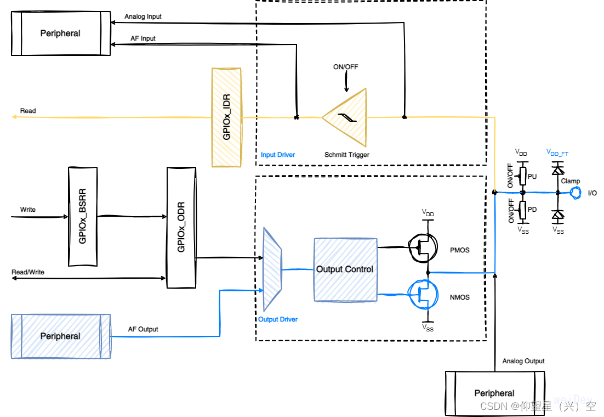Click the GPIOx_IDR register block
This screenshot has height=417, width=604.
[x=226, y=117]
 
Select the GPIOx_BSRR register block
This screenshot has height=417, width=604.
[x=83, y=217]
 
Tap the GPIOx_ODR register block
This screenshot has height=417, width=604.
[x=181, y=227]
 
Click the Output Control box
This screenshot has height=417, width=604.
[x=345, y=269]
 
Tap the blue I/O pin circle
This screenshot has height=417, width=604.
[x=575, y=193]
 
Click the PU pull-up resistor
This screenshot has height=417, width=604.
[x=523, y=176]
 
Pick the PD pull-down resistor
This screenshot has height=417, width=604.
[x=523, y=209]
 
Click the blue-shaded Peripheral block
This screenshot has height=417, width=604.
[x=61, y=336]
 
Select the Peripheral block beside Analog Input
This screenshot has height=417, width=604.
[x=61, y=33]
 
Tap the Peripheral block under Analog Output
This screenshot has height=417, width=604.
[x=494, y=393]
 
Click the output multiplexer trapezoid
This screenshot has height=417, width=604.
[x=272, y=269]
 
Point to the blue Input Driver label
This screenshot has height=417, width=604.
[x=278, y=155]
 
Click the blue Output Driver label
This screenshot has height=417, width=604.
[x=278, y=319]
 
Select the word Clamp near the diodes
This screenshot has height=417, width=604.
[x=570, y=181]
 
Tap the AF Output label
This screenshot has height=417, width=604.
[x=143, y=329]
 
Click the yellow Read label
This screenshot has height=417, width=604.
[x=28, y=111]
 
